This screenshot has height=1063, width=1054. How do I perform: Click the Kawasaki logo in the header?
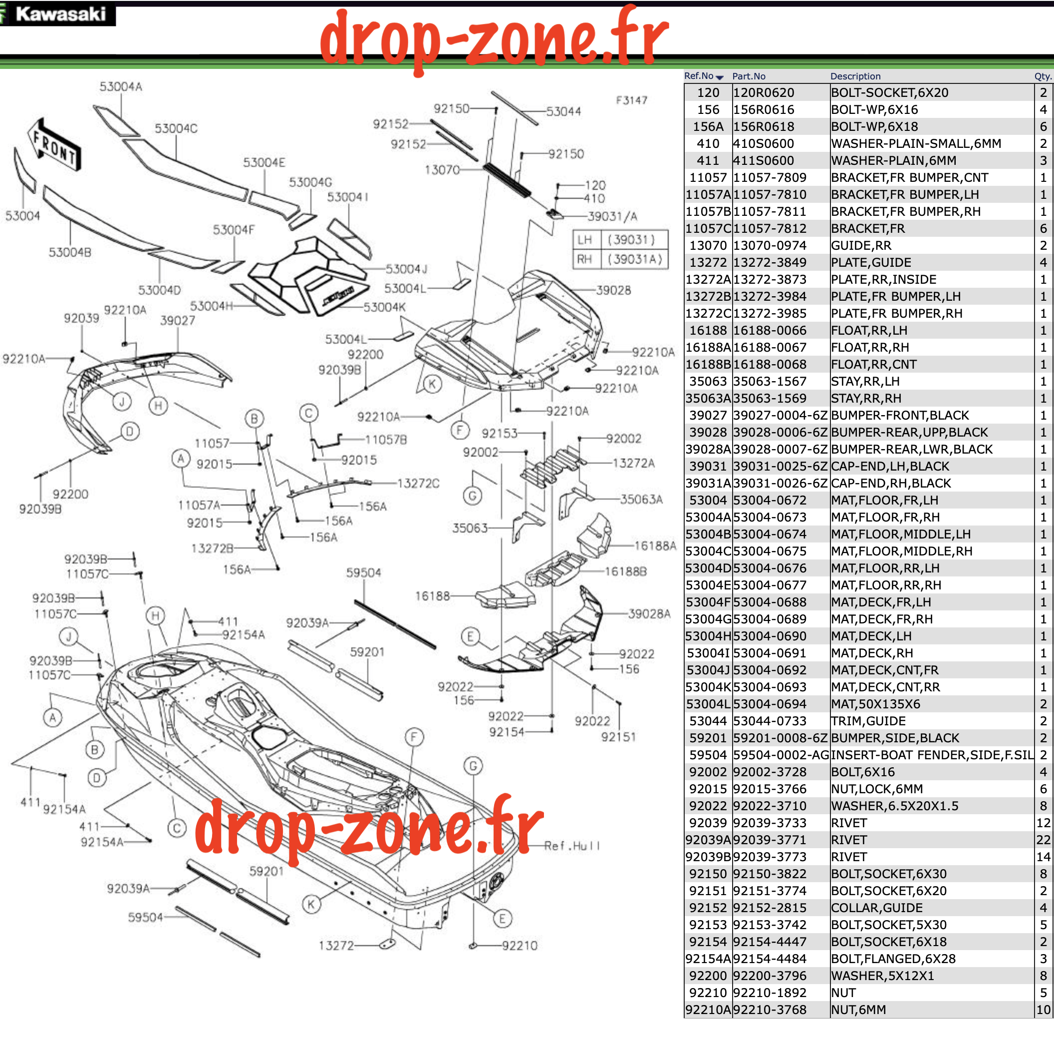[57, 14]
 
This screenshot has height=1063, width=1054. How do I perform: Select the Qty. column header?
[1043, 76]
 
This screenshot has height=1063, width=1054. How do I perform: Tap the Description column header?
[855, 76]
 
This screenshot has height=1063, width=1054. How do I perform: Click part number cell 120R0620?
[764, 92]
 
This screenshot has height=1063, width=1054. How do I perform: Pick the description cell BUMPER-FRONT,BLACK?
[899, 416]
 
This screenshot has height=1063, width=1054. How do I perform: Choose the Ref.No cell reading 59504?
[708, 755]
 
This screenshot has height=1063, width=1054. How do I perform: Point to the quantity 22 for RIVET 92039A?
[1043, 840]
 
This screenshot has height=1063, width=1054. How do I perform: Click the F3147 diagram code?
[631, 100]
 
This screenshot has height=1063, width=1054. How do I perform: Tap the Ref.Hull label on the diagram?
[572, 846]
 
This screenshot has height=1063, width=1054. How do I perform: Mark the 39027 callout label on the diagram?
[177, 320]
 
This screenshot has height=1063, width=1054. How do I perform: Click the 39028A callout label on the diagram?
[649, 613]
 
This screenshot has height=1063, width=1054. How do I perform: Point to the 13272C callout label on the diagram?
[418, 483]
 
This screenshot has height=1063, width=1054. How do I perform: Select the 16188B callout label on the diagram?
[626, 571]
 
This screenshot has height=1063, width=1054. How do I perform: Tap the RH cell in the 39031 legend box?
[584, 259]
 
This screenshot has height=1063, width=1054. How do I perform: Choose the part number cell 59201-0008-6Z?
[780, 738]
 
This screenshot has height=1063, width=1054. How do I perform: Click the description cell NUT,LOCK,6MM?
[876, 789]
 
